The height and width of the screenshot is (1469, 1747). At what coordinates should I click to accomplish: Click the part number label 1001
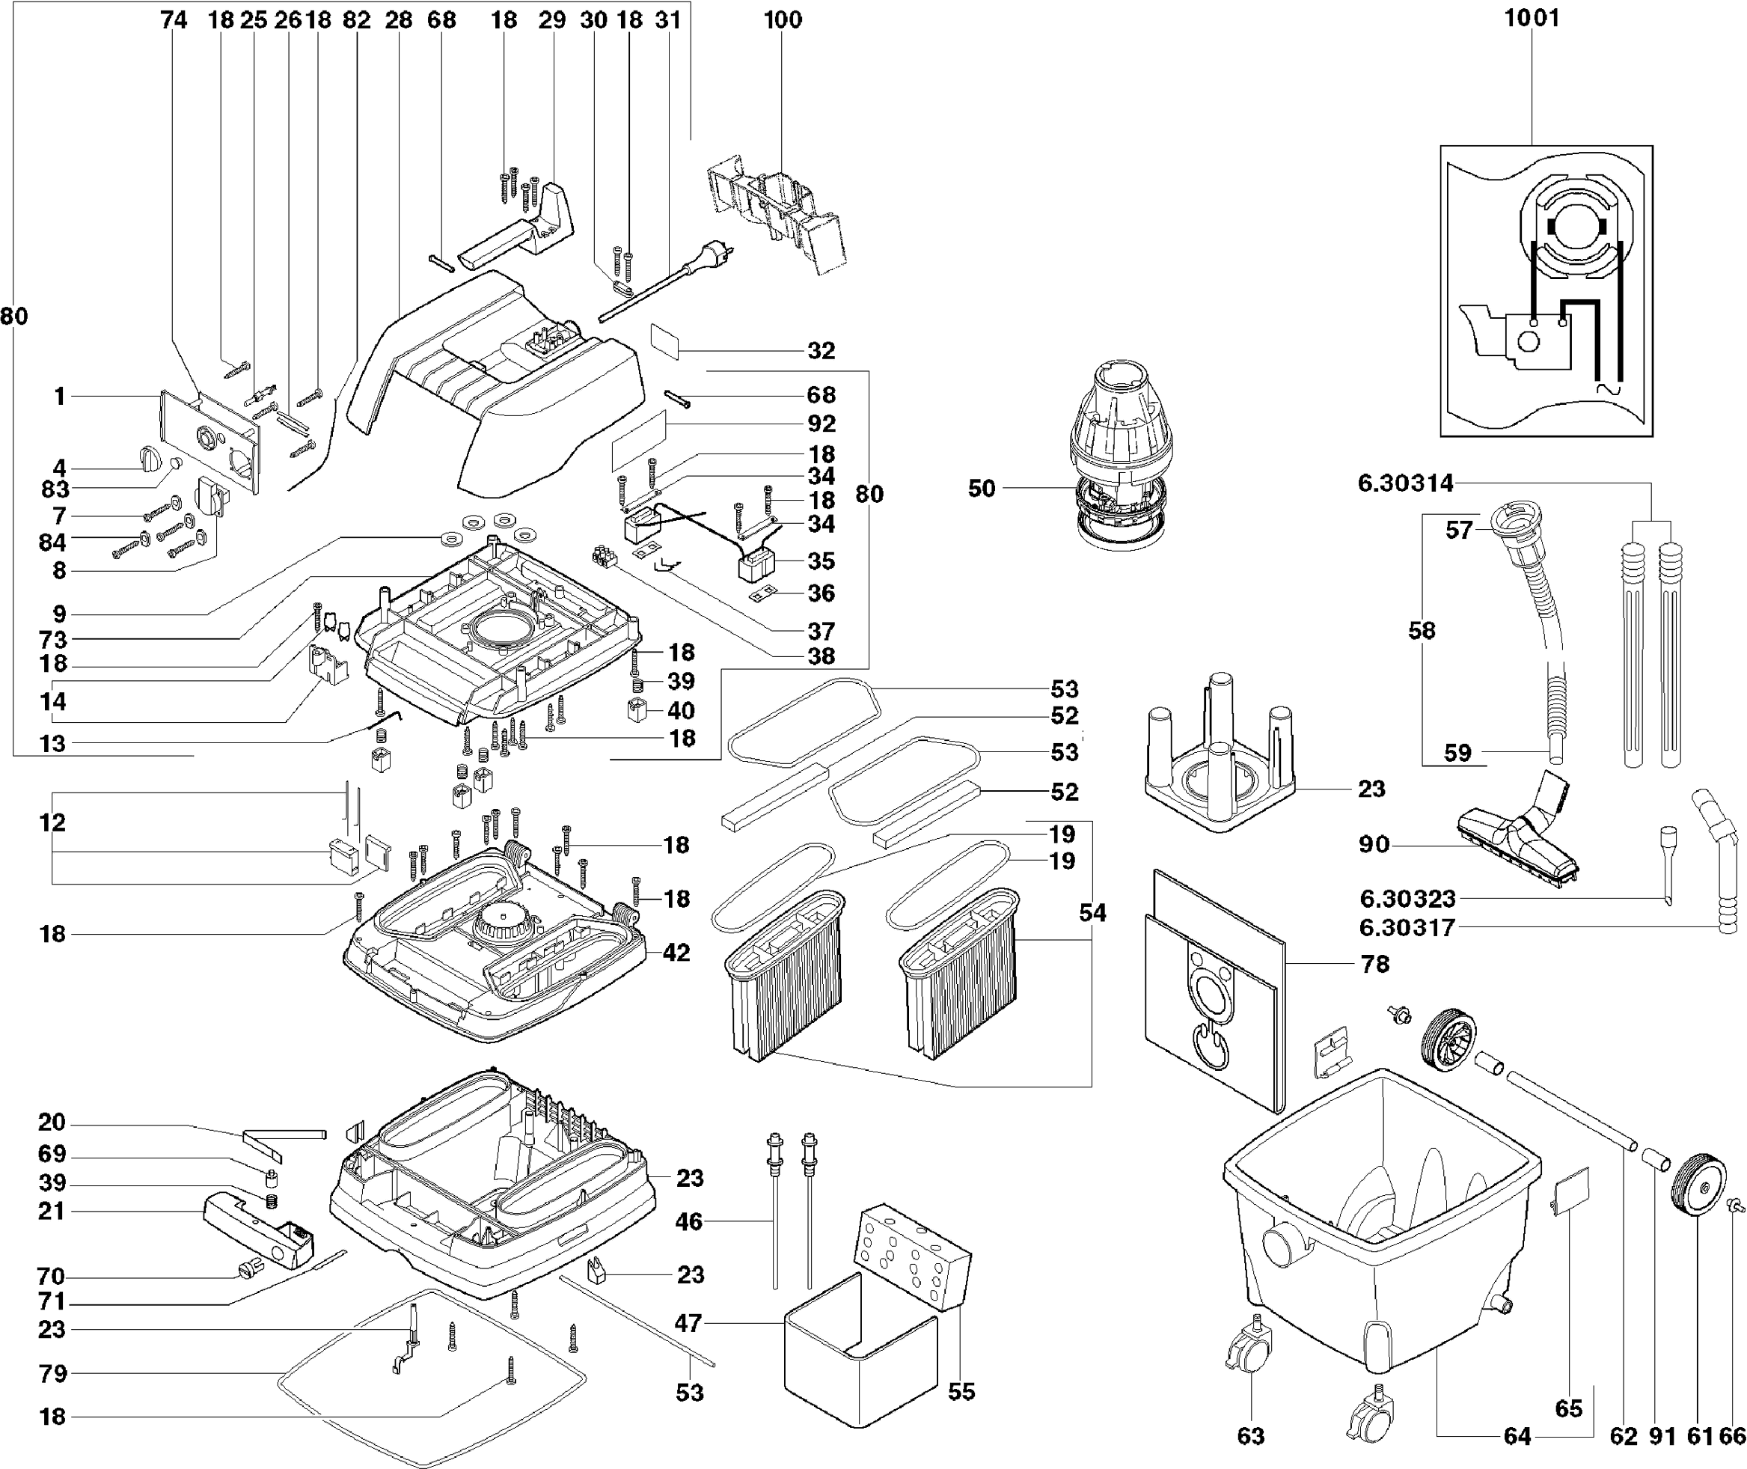pos(1532,17)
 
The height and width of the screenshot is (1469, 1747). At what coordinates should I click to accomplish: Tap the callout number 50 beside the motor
pos(982,488)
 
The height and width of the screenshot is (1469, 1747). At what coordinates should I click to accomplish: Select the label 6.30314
pos(1406,483)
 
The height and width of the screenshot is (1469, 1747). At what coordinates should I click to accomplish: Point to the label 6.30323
pos(1407,899)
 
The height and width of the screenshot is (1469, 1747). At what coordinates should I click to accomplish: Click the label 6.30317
pos(1407,927)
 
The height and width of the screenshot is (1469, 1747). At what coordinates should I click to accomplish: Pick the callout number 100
pos(783,20)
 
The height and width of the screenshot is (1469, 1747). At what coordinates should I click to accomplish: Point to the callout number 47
pos(688,1322)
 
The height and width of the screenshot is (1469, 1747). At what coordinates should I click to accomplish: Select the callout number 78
pos(1375,964)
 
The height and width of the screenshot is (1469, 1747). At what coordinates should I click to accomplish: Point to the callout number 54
pos(1092,913)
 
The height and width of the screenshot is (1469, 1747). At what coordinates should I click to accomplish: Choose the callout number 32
pos(821,350)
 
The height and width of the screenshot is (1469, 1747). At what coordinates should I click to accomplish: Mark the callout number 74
pos(173,20)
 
